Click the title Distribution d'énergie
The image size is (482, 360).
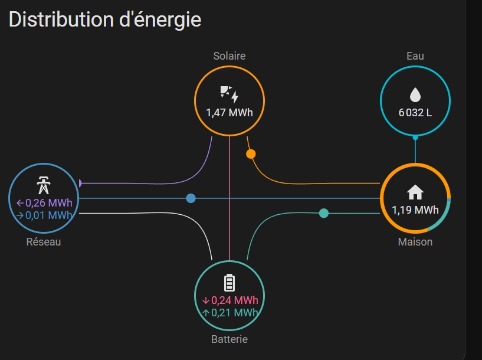click(105, 20)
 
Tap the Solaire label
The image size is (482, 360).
click(229, 56)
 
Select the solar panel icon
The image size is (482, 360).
click(229, 94)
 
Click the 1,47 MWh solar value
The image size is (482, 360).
click(229, 113)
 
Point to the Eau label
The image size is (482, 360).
click(415, 56)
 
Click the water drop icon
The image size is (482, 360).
click(415, 94)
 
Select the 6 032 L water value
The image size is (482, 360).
click(415, 113)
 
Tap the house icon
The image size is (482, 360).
click(415, 192)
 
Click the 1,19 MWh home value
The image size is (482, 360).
click(415, 210)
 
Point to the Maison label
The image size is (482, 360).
click(415, 242)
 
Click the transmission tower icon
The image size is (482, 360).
click(44, 185)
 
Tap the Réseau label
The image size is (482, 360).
click(44, 242)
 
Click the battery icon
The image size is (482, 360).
click(229, 283)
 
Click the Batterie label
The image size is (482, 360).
click(229, 339)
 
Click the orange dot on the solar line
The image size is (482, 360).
click(251, 154)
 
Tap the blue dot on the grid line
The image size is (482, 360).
click(191, 198)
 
